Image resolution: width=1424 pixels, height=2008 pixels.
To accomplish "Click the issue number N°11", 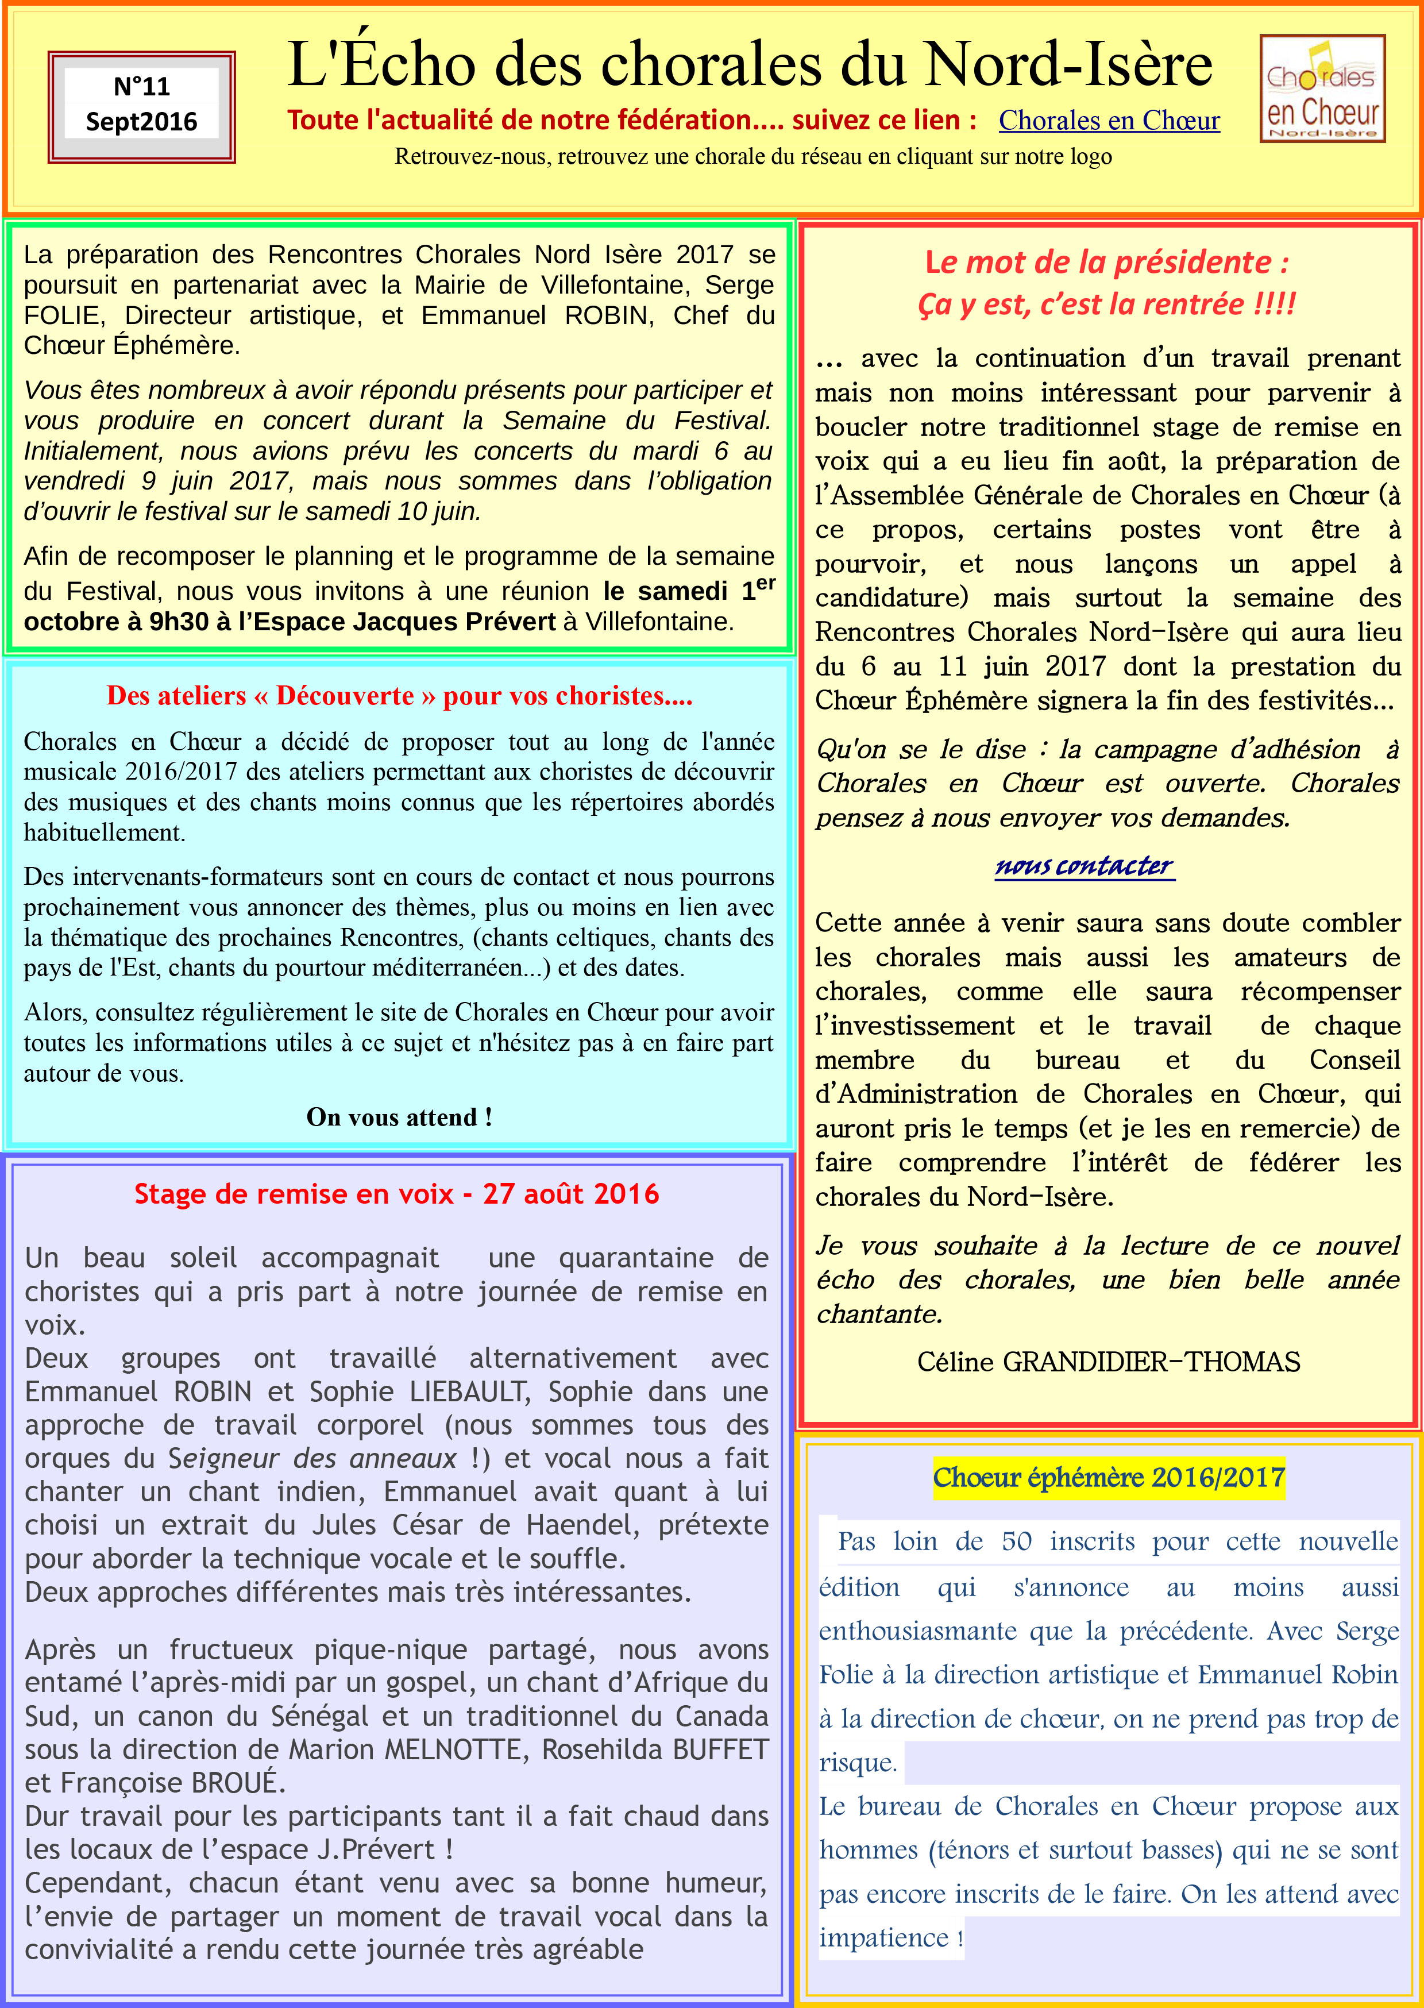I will [141, 87].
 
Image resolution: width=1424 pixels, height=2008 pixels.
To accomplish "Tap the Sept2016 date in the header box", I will [141, 122].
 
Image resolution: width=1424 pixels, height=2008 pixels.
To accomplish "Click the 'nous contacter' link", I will [1084, 866].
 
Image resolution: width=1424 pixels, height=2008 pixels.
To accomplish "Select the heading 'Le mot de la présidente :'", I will [1106, 262].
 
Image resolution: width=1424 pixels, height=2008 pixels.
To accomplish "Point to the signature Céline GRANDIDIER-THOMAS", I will [1107, 1362].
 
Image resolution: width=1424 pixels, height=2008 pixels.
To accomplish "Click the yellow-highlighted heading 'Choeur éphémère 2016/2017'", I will [1108, 1478].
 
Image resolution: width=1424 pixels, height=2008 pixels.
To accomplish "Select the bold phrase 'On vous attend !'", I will [399, 1117].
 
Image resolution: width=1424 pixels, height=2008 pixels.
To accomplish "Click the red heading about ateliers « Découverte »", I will [399, 695].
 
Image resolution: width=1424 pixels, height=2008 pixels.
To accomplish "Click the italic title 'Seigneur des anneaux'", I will [312, 1458].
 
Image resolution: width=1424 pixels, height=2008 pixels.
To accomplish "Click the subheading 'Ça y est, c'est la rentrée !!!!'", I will [1106, 305].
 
